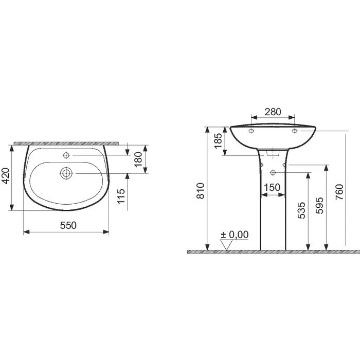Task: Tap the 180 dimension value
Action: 137,159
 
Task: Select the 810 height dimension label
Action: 201,190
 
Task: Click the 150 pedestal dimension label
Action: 272,188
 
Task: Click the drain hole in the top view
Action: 66,173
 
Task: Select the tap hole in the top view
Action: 66,155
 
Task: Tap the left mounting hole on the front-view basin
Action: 251,132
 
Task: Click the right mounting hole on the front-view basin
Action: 295,132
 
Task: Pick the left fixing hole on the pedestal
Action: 262,165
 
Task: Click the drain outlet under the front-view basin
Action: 273,153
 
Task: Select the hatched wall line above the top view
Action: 67,141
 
